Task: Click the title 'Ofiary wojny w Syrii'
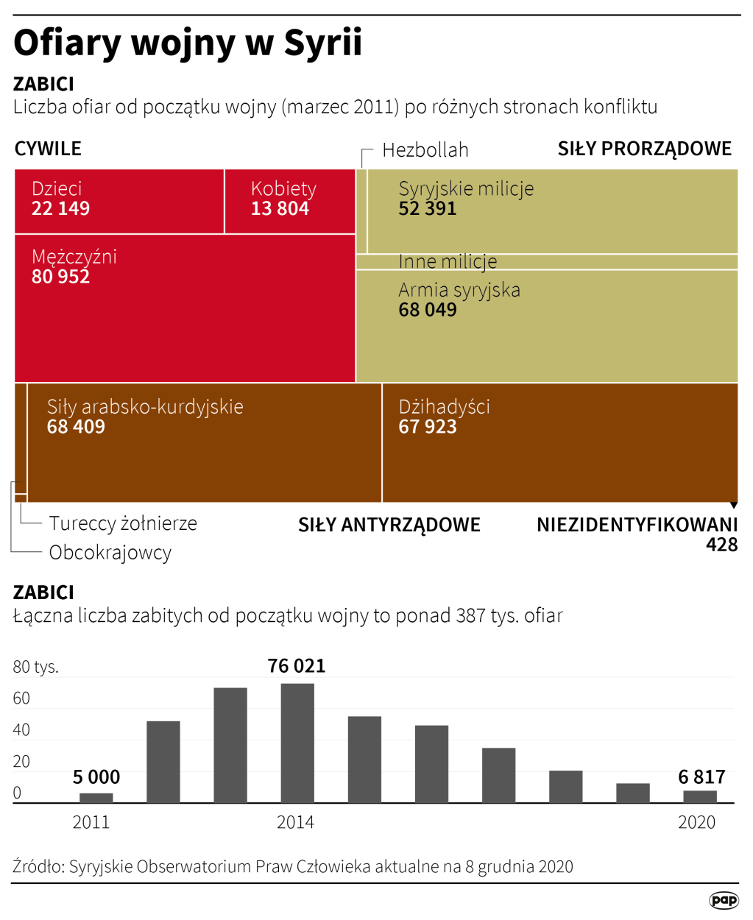[x=188, y=43]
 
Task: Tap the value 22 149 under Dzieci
[x=60, y=209]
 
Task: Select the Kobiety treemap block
[x=289, y=201]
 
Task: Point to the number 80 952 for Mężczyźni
[x=60, y=277]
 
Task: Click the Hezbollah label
[x=425, y=150]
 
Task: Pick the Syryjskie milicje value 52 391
[x=427, y=209]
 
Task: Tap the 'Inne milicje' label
[x=448, y=261]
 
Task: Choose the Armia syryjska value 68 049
[x=427, y=310]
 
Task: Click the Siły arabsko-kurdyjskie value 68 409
[x=76, y=427]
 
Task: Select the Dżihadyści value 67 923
[x=427, y=427]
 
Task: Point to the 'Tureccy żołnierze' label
[x=123, y=523]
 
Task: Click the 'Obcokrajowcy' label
[x=110, y=552]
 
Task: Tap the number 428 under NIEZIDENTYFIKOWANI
[x=721, y=545]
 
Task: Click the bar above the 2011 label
[x=96, y=798]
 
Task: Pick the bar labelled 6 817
[x=699, y=796]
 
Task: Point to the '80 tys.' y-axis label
[x=35, y=667]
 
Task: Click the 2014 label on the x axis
[x=295, y=822]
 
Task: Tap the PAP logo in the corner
[x=724, y=900]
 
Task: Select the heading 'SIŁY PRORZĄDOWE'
[x=644, y=149]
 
